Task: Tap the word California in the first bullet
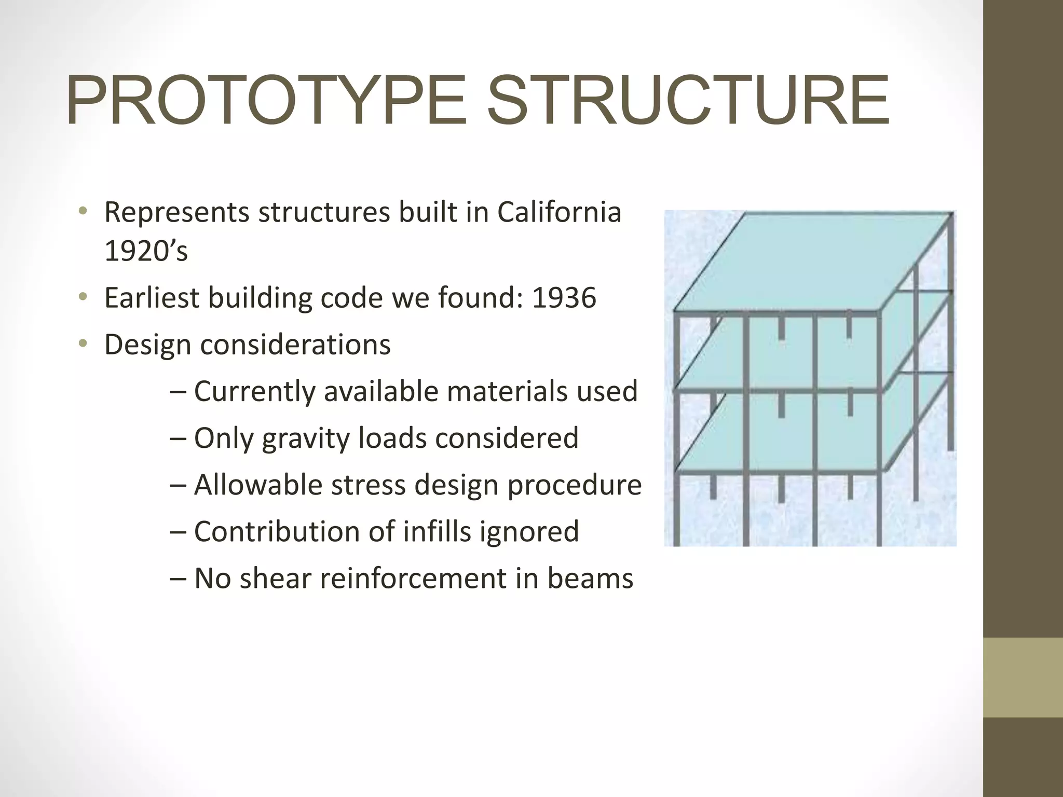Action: click(x=559, y=212)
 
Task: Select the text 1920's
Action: click(x=146, y=251)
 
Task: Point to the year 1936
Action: click(x=564, y=298)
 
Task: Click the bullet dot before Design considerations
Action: click(x=82, y=343)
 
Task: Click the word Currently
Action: click(x=254, y=391)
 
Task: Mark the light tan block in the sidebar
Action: click(x=1023, y=677)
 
